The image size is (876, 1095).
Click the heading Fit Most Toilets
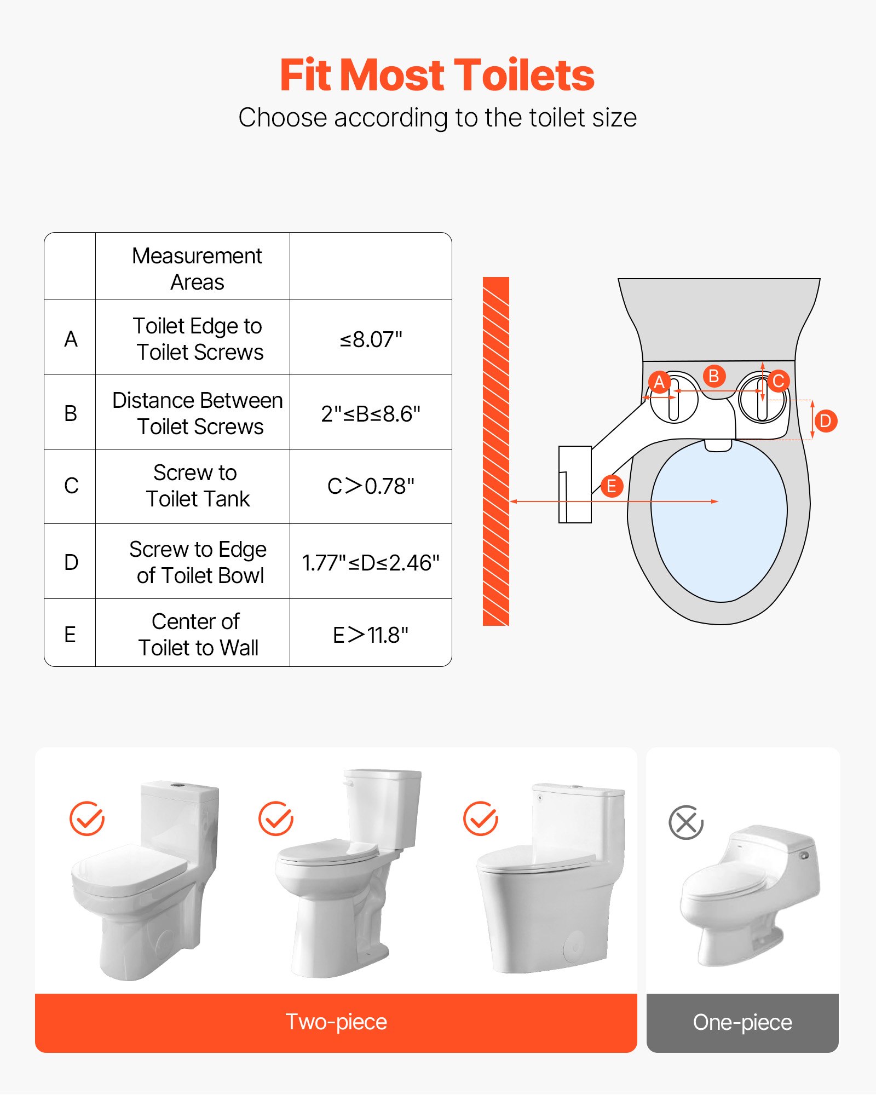437,75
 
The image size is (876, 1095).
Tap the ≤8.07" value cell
371,339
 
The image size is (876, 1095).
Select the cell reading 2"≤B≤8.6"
371,413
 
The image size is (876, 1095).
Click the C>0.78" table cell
371,486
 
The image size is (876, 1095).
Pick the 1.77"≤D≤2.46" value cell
371,562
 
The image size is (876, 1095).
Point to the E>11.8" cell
371,635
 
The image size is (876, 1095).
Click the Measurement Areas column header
197,268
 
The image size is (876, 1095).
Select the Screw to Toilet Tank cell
196,486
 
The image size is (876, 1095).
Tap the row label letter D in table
71,562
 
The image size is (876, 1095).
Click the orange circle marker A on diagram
659,382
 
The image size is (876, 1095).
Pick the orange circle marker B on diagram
713,376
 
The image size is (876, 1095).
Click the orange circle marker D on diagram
825,421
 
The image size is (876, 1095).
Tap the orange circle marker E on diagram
612,486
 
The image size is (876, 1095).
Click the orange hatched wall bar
495,451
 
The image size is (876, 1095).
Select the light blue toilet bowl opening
719,520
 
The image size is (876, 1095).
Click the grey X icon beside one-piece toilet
685,822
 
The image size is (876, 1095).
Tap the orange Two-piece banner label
336,1022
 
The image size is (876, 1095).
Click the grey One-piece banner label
742,1022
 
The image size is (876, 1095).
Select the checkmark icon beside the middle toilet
275,819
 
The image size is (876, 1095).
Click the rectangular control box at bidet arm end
575,484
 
